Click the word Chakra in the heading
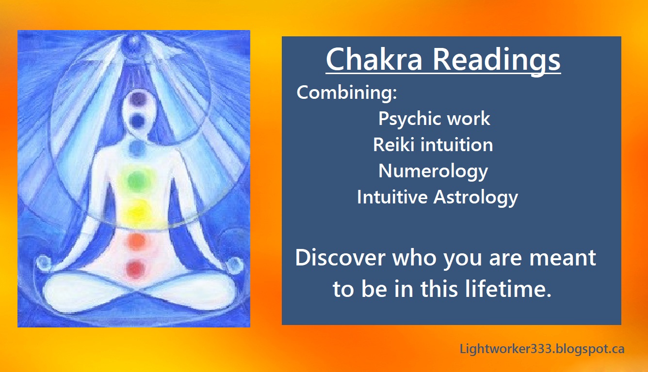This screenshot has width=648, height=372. click(x=374, y=59)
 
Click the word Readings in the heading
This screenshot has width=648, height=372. click(x=496, y=61)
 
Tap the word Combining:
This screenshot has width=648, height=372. click(x=347, y=93)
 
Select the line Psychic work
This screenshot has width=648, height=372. click(x=434, y=118)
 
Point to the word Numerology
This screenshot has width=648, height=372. click(x=433, y=171)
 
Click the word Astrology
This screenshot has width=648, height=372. click(x=476, y=198)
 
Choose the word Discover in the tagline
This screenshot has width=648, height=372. click(x=340, y=257)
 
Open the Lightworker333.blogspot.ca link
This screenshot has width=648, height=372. click(x=542, y=349)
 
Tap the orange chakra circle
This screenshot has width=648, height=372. click(x=136, y=241)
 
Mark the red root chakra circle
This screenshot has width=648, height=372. click(x=136, y=269)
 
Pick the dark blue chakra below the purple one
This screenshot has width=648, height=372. click(x=137, y=122)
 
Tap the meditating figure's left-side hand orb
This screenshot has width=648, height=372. click(x=44, y=262)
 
